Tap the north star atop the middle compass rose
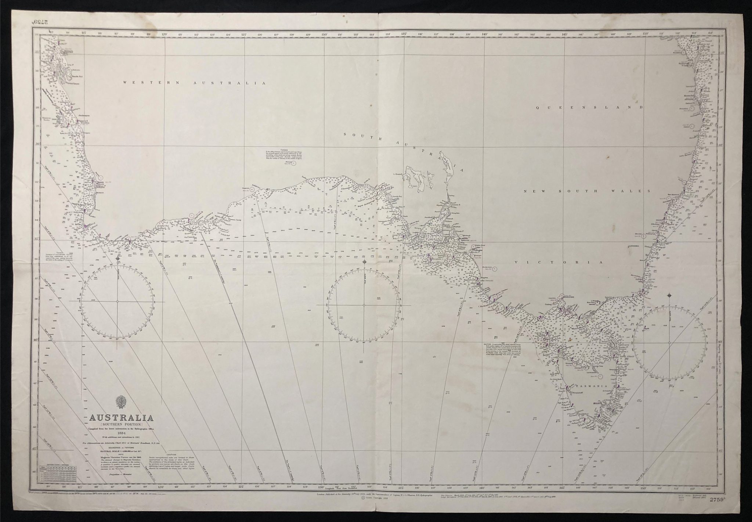tap(365, 262)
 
